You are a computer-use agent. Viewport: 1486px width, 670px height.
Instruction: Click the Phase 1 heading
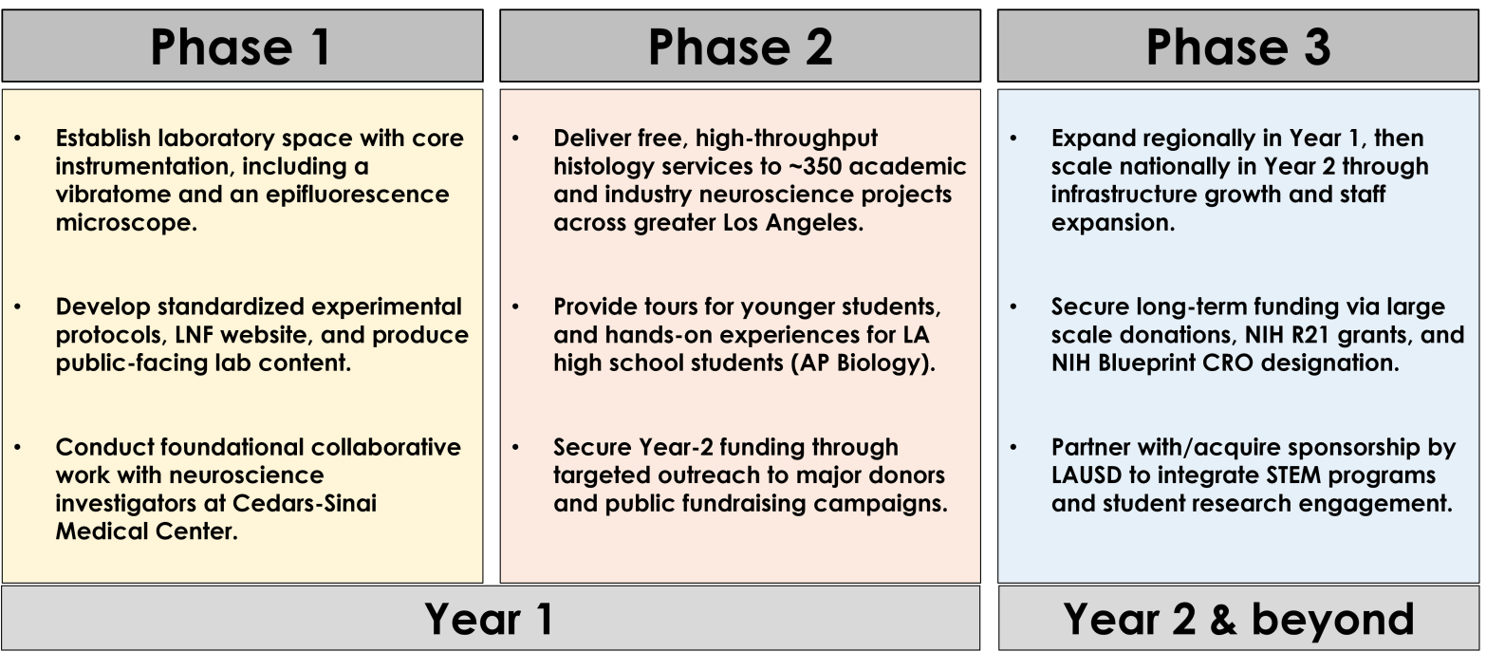(x=241, y=47)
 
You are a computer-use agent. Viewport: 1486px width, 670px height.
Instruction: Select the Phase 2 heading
(x=740, y=47)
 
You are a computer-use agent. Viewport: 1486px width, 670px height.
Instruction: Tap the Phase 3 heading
(x=1238, y=47)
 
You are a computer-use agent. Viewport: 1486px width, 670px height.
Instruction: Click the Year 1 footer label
(x=489, y=619)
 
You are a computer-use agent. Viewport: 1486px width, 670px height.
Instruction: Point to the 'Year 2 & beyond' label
(x=1238, y=619)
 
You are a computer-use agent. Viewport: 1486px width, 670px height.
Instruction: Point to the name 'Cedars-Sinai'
(x=305, y=504)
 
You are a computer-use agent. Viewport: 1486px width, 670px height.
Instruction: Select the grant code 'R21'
(x=1310, y=335)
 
